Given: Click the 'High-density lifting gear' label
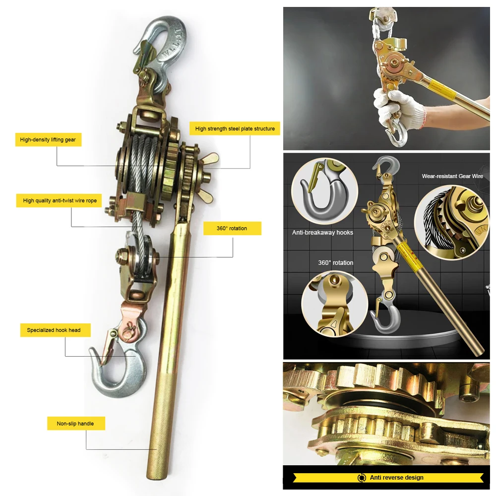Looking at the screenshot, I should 48,140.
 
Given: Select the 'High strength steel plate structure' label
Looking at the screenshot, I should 235,128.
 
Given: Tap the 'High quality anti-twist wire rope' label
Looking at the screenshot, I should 60,201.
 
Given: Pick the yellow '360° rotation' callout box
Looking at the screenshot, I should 232,228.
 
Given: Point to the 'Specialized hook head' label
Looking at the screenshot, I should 54,330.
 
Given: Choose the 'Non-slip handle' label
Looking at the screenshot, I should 75,424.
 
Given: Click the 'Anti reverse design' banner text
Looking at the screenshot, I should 396,478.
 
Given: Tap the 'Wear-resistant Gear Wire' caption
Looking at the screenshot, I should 452,176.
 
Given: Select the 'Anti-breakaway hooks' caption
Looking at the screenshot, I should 322,232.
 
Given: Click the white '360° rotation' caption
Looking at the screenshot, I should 336,262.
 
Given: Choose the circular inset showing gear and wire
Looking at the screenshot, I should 451,221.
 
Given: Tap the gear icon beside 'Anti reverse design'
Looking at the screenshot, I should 362,478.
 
